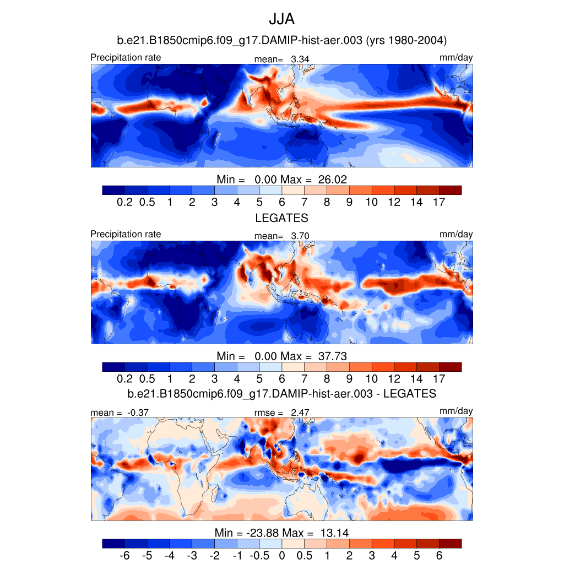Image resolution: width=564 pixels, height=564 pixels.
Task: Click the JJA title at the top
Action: click(x=281, y=19)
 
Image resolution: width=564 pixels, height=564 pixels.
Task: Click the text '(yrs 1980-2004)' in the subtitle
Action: click(x=406, y=40)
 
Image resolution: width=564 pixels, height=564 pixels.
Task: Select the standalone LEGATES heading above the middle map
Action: click(x=281, y=218)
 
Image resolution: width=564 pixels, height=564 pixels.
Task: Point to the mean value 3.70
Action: click(x=300, y=236)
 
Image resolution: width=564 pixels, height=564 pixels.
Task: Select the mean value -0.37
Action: click(x=138, y=413)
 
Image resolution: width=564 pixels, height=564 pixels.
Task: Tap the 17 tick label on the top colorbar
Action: click(x=439, y=202)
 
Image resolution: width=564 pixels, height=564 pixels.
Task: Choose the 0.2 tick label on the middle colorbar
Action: click(x=124, y=379)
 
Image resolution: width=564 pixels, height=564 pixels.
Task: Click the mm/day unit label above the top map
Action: click(x=456, y=58)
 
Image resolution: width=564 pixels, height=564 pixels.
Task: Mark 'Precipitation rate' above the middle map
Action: click(x=126, y=234)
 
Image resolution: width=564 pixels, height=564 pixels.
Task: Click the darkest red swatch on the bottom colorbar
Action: click(x=450, y=544)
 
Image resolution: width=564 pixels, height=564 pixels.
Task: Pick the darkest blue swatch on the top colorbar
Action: click(x=113, y=190)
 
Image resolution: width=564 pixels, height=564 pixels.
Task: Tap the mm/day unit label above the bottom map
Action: click(x=456, y=411)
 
